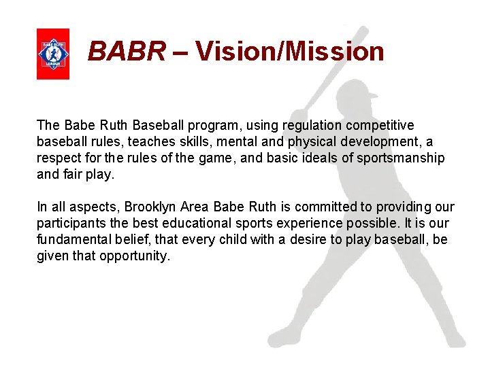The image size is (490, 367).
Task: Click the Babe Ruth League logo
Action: click(x=53, y=54)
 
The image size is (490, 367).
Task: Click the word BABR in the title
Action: click(x=127, y=51)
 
